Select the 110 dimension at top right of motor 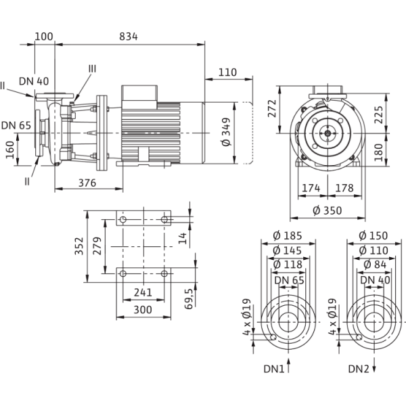click(227, 71)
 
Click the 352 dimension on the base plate click(79, 246)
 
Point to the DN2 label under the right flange click(359, 370)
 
